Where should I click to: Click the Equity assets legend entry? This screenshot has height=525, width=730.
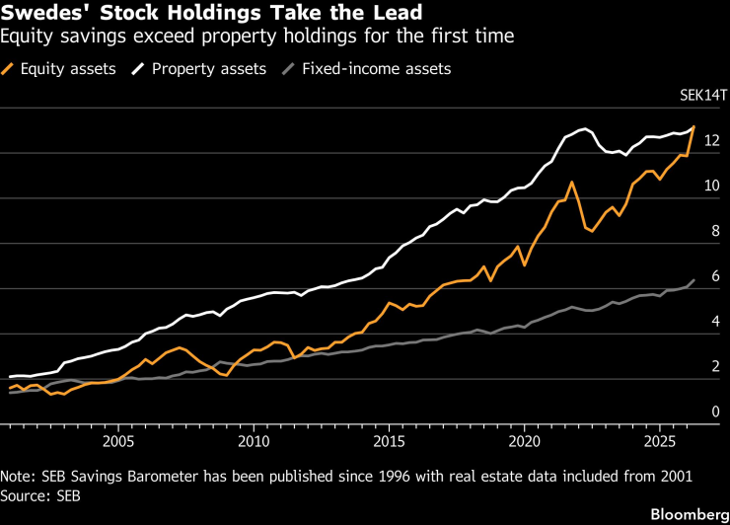(58, 69)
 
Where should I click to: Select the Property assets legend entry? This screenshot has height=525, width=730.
(199, 69)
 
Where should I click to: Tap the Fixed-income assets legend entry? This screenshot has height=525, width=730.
(367, 69)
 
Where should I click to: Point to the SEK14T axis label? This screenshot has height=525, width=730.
(703, 95)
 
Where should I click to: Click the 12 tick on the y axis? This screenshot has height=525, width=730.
(712, 140)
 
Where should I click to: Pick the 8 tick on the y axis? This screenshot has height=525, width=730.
(715, 231)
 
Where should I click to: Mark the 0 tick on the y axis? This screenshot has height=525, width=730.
(715, 412)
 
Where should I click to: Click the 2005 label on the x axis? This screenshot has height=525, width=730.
(118, 441)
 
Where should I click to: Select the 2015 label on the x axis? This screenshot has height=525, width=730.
(389, 441)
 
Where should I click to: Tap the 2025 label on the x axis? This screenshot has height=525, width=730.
(659, 441)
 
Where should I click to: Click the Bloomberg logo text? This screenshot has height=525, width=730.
(690, 514)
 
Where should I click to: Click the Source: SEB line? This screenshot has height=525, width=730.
(40, 496)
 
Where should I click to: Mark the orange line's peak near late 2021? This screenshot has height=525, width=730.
(572, 183)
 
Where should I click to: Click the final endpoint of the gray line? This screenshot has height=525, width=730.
(694, 280)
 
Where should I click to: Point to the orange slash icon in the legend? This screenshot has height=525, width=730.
(8, 69)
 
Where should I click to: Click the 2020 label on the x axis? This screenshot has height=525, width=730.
(524, 441)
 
